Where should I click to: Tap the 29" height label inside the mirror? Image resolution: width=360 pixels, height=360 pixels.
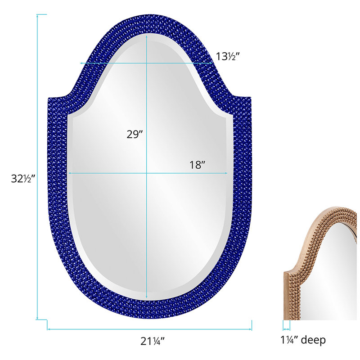(x=135, y=134)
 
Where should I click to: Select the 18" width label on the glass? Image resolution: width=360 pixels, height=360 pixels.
(x=197, y=165)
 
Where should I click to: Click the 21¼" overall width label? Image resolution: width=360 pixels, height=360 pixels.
(x=149, y=341)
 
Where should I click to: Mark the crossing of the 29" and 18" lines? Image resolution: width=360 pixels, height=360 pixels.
(x=147, y=173)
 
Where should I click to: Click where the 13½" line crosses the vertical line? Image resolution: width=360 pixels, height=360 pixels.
(x=147, y=63)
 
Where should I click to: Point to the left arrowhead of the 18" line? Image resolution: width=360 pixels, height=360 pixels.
(x=69, y=173)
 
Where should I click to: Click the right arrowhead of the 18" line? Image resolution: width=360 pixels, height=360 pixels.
(x=226, y=173)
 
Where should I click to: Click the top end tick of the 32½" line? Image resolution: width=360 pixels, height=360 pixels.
(x=41, y=14)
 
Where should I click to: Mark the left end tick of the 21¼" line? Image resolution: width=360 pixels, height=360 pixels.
(x=47, y=325)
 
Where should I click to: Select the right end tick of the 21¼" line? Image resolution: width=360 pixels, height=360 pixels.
(x=252, y=325)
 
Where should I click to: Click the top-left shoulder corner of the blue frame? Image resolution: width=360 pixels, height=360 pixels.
(x=49, y=97)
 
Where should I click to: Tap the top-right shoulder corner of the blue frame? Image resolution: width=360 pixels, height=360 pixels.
(x=250, y=97)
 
